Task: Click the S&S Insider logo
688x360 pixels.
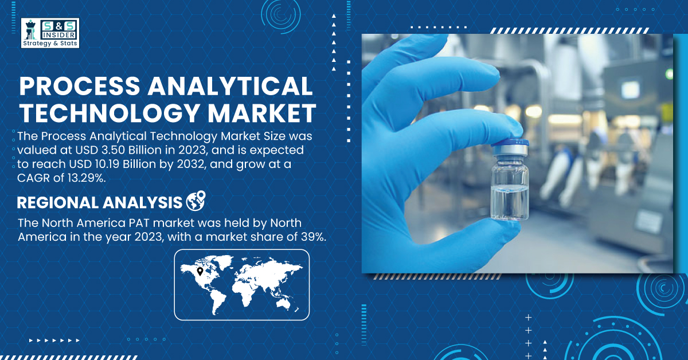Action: coord(50,33)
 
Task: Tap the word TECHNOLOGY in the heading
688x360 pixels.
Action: coord(110,114)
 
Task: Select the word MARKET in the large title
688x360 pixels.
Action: coord(262,114)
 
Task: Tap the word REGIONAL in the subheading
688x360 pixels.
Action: coord(58,203)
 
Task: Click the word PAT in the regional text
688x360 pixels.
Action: coord(139,223)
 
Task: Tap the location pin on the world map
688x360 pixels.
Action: coord(200,272)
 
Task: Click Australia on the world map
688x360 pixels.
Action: coord(284,303)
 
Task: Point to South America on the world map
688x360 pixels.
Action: coord(218,303)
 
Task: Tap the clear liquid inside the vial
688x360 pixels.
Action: coord(510,203)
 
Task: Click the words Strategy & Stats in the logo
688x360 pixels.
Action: coord(50,44)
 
